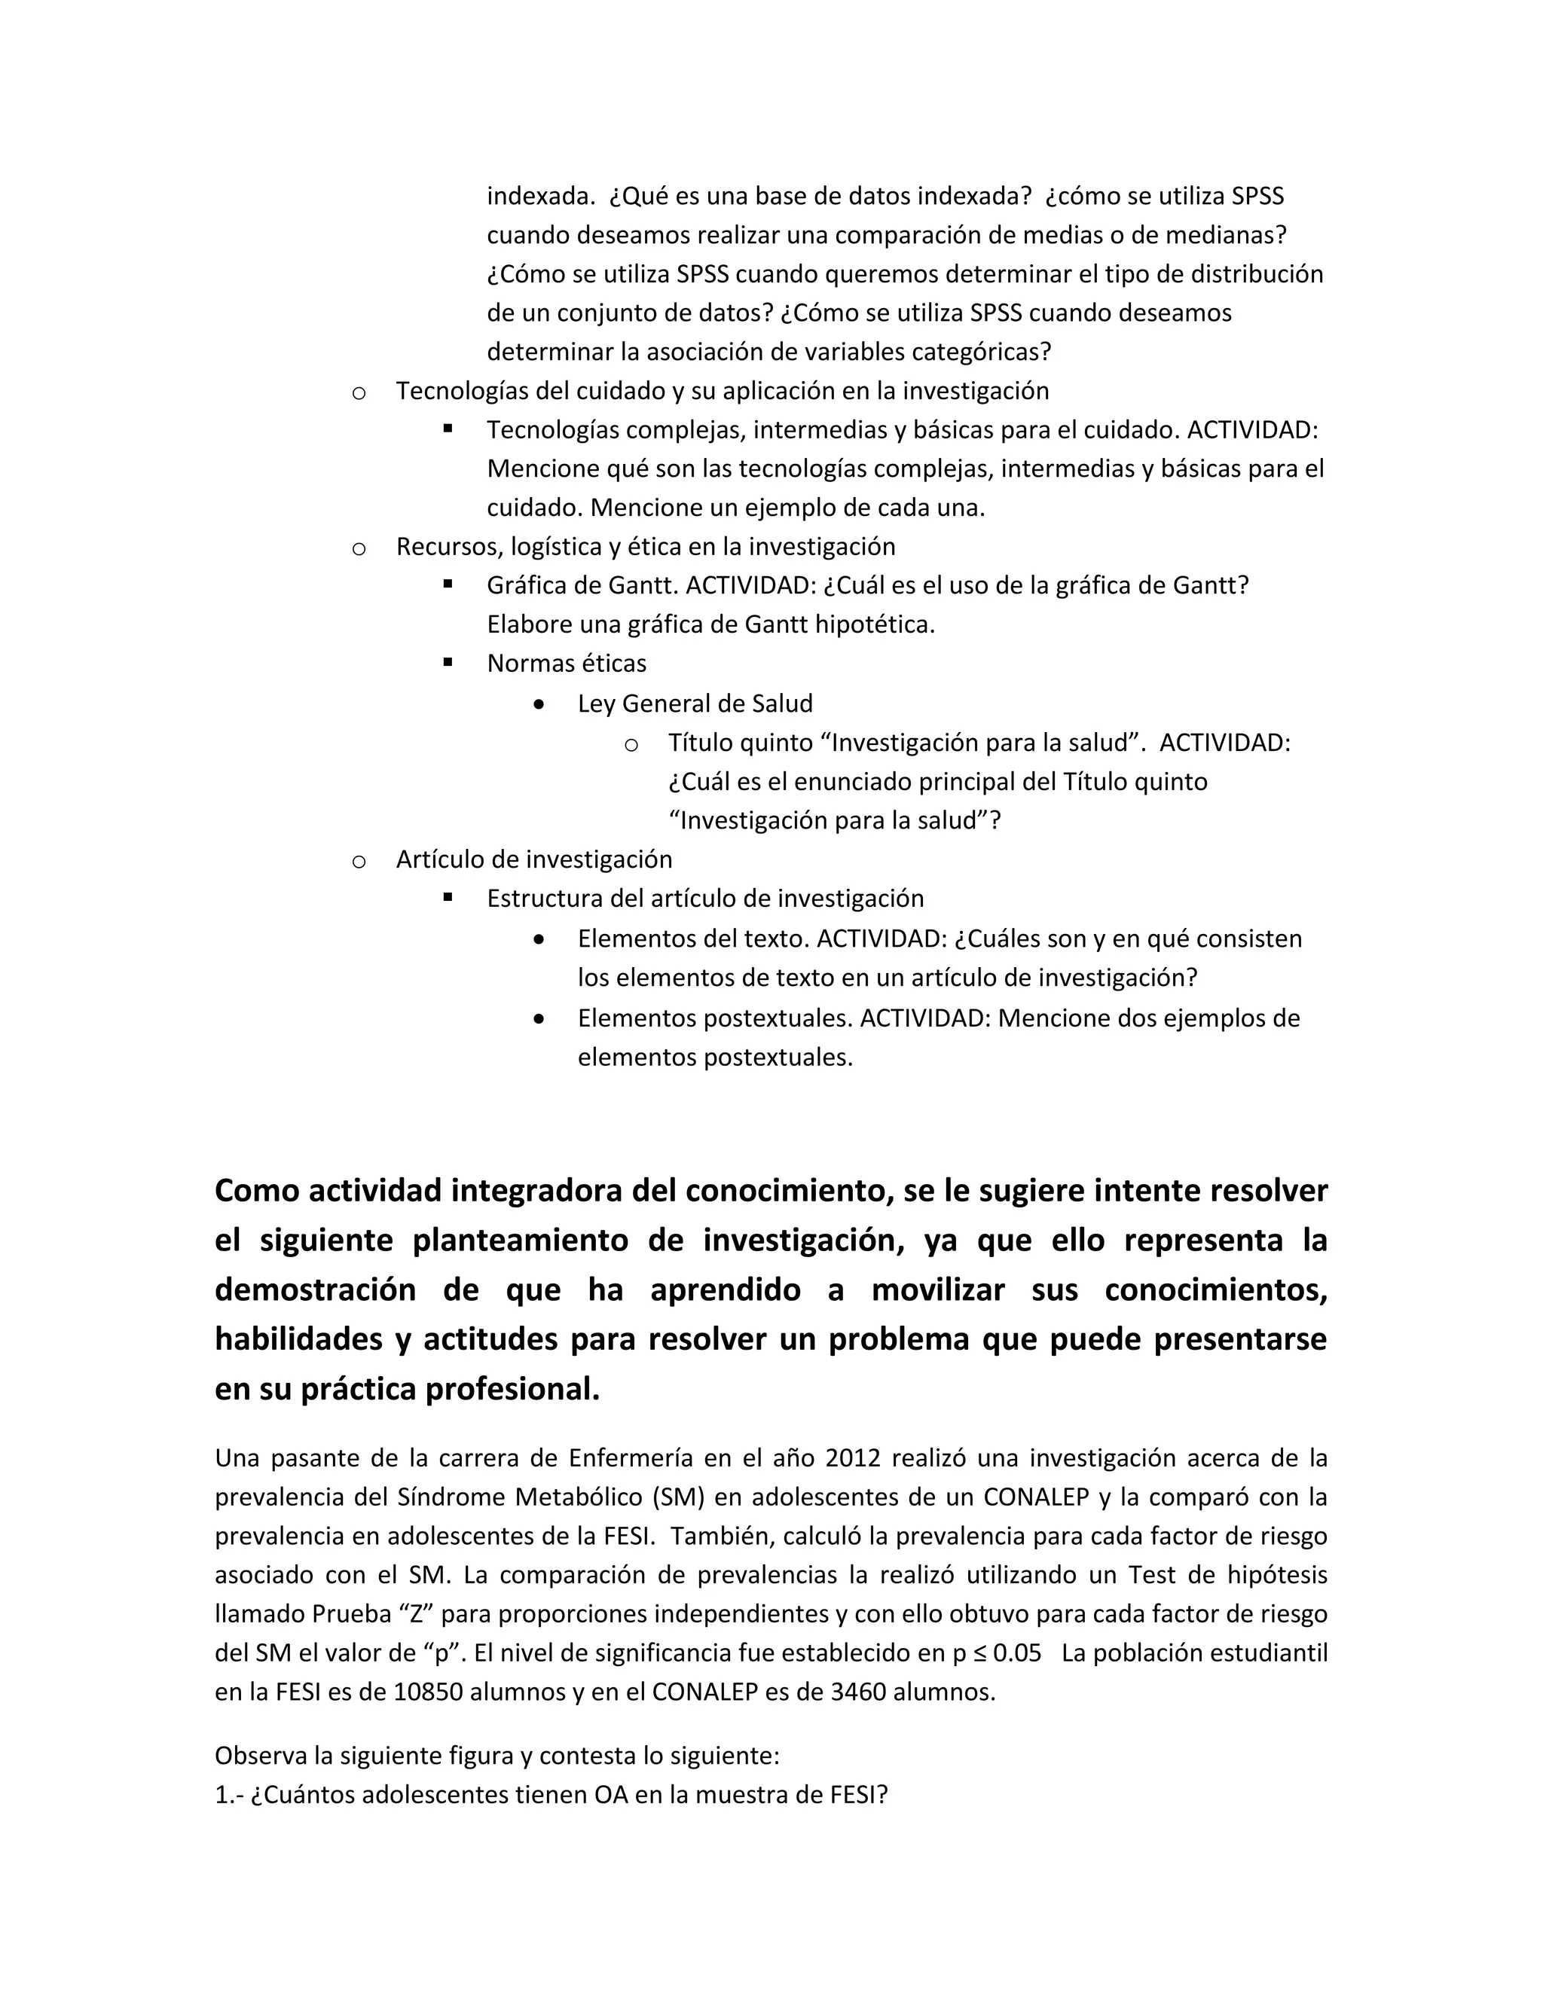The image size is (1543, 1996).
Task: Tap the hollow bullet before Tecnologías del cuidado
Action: click(359, 393)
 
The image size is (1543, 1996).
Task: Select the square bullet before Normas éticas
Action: click(448, 661)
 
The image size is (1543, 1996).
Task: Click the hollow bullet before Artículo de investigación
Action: click(359, 862)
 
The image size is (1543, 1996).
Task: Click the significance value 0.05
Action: click(1016, 1653)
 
